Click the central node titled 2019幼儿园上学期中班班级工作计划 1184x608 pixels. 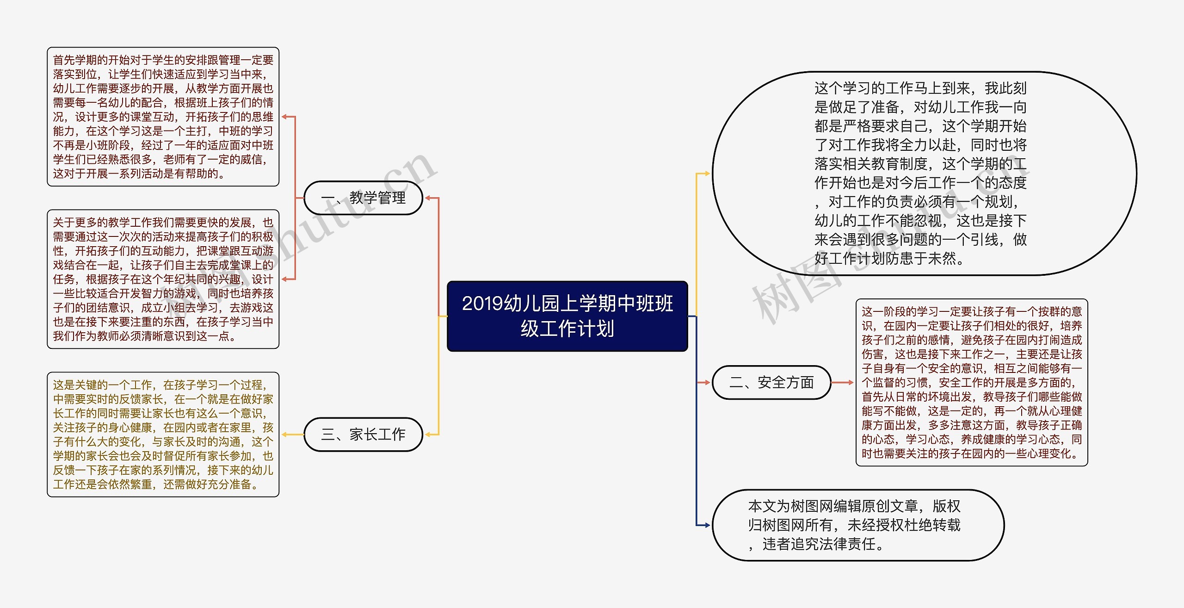coord(567,316)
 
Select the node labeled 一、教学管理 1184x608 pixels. coord(363,198)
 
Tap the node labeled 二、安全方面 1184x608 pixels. coord(771,383)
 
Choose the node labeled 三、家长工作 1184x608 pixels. coord(363,434)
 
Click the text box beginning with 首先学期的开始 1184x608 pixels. coord(163,117)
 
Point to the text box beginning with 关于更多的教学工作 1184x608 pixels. coord(163,279)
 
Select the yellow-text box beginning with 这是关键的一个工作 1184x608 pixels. coord(163,434)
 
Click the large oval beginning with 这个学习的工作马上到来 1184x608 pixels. coord(924,173)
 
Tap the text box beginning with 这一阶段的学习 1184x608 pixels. coord(971,382)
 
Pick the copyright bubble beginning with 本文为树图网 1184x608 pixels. coord(858,525)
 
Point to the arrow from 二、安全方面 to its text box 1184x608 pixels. coord(843,383)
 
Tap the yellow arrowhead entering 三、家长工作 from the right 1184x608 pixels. coord(428,434)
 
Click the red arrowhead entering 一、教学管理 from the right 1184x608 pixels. coord(428,198)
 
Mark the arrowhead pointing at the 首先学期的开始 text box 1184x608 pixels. coord(285,117)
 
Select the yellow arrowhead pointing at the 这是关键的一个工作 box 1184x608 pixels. coord(285,434)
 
